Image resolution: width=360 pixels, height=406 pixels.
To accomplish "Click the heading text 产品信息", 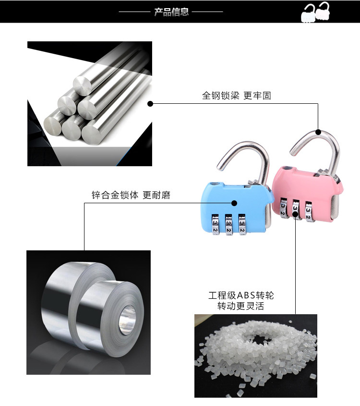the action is point(171,12).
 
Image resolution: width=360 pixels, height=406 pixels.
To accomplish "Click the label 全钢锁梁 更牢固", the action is point(236,96).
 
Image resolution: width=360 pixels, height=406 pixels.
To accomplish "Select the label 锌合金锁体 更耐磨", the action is point(131,195).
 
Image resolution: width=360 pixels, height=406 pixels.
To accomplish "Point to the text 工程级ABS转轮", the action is point(241,295).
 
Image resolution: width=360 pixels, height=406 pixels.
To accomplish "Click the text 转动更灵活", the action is point(240,306).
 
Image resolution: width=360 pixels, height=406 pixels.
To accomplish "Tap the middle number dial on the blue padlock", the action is point(228,226).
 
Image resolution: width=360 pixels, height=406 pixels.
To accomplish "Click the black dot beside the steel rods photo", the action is point(150,103).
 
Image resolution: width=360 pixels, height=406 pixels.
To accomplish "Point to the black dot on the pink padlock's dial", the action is point(294,212).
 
